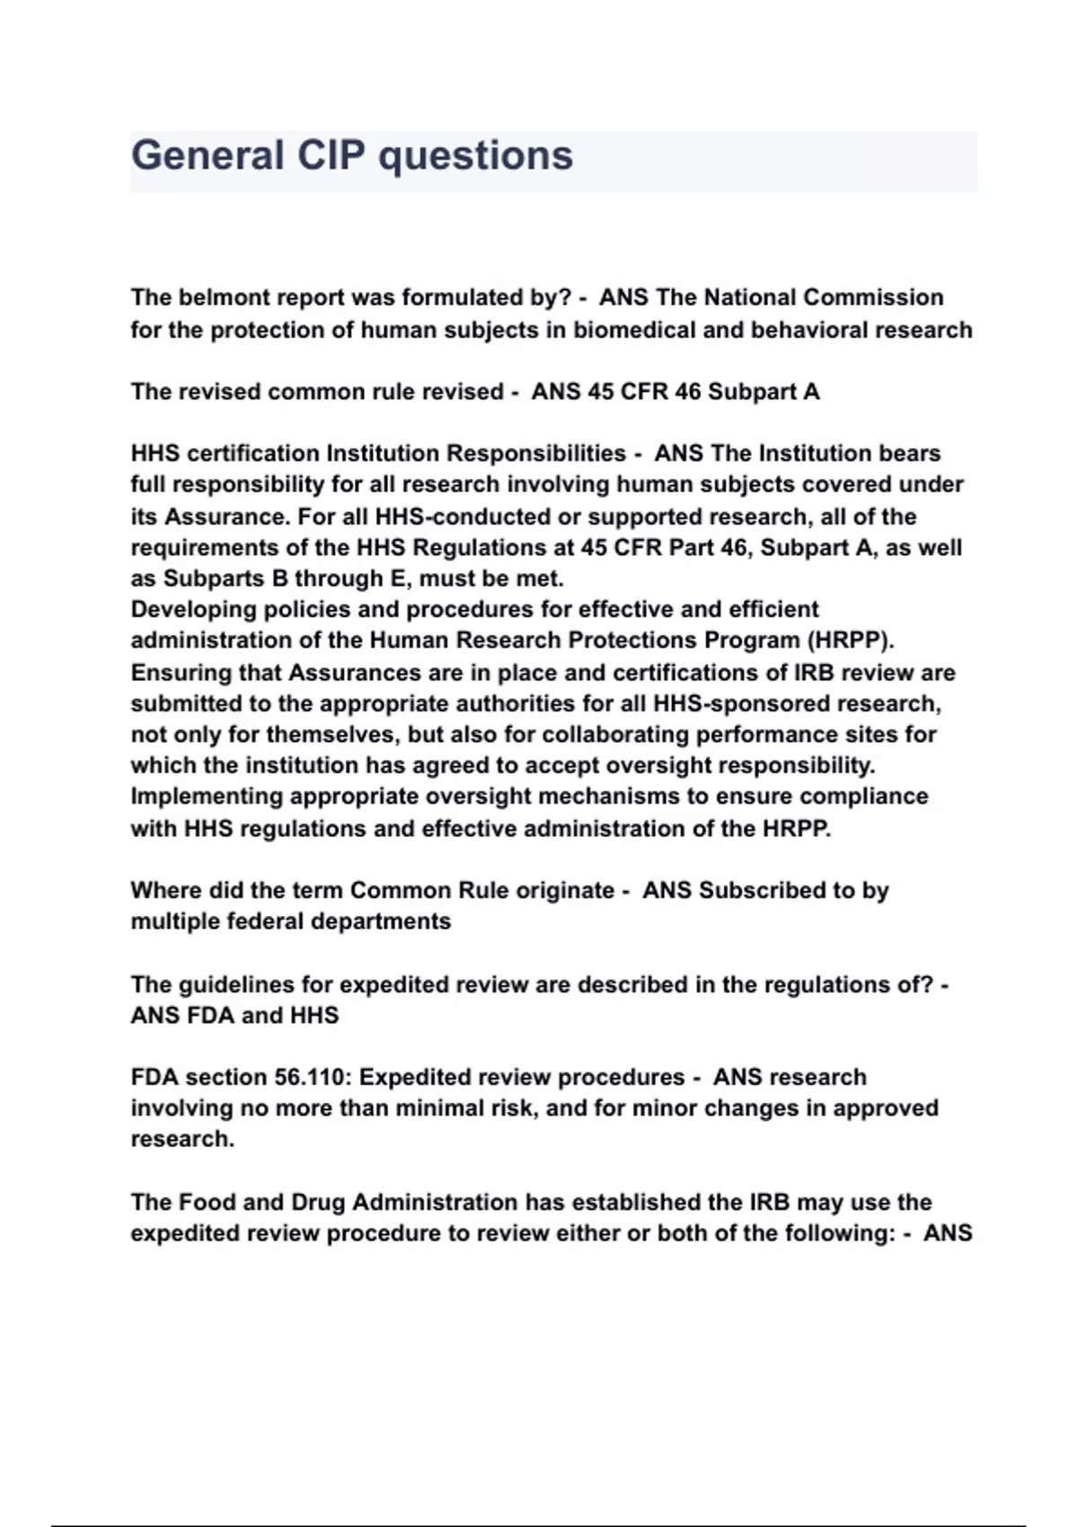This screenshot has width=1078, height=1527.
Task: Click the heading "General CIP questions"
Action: tap(352, 155)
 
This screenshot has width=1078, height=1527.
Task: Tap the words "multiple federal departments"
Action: tap(291, 922)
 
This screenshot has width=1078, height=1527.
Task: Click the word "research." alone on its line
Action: tap(182, 1139)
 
